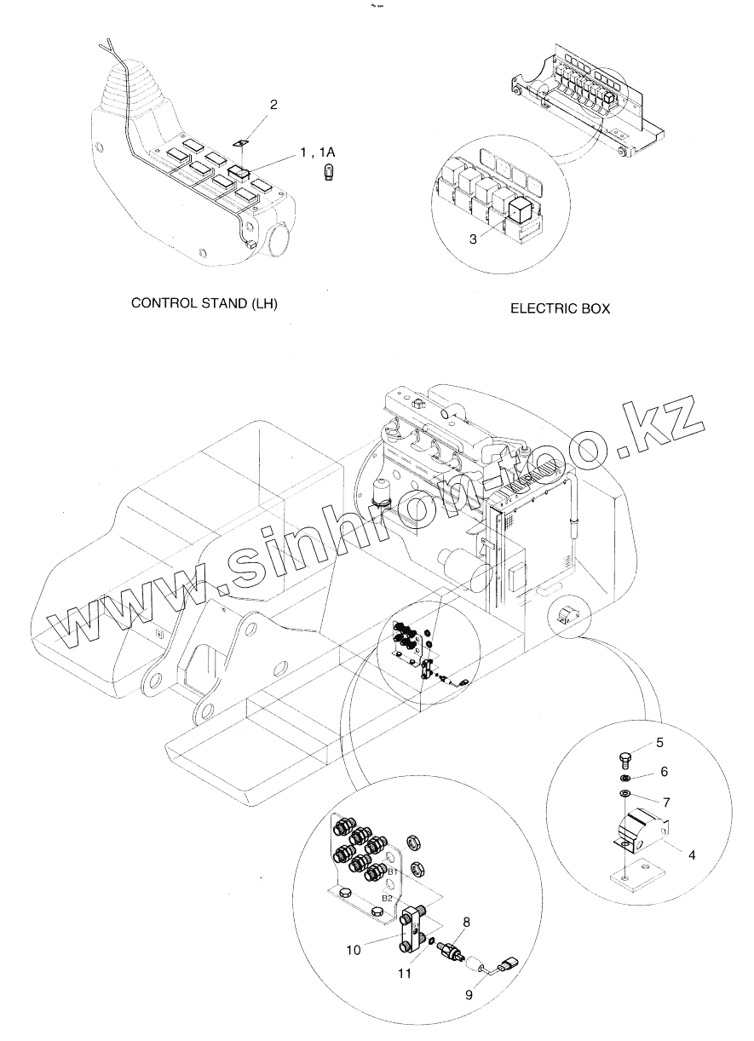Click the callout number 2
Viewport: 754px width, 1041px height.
273,105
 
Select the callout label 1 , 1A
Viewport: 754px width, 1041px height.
318,152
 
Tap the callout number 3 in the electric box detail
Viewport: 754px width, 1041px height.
473,239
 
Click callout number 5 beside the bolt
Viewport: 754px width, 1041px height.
659,744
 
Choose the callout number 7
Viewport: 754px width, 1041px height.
667,801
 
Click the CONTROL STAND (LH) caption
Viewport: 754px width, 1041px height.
204,303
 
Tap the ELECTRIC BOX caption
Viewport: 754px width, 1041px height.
560,308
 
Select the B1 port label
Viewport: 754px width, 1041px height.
394,872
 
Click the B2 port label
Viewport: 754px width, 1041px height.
387,898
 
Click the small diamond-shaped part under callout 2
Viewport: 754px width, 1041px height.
242,144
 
